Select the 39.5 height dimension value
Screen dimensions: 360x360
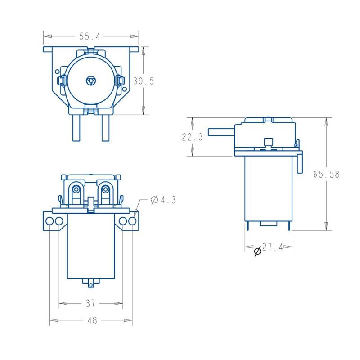click(144, 81)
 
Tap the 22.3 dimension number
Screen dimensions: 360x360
click(192, 137)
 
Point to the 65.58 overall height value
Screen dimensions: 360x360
click(326, 174)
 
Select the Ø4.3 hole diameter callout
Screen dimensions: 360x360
click(163, 200)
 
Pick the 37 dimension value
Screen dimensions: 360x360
click(90, 304)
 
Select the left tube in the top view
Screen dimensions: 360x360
click(76, 128)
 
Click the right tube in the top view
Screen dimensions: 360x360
click(106, 128)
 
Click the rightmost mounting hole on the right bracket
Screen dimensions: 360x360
click(132, 221)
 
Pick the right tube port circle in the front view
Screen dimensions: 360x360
click(105, 189)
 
